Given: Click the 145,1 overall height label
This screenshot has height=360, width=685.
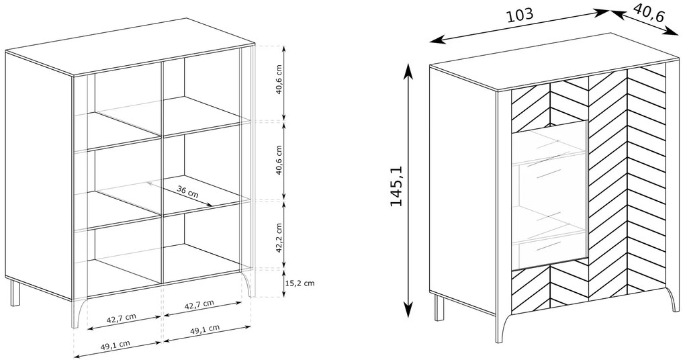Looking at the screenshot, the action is (396, 186).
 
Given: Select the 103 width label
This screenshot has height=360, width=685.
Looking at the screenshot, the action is (519, 15).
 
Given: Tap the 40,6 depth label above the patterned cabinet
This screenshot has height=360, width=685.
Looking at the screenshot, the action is (648, 14).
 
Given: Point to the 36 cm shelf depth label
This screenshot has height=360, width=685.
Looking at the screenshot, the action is (187, 191).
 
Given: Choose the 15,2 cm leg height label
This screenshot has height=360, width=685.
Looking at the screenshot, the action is (300, 283).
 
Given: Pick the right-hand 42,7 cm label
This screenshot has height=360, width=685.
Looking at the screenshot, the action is (199, 304).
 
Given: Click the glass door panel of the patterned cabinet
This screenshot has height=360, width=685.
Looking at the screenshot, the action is (549, 197).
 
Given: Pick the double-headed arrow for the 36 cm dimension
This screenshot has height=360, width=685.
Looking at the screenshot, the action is (179, 194).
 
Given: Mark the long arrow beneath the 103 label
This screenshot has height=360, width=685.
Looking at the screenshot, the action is (519, 26).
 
